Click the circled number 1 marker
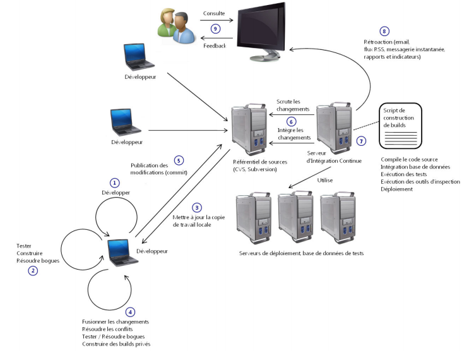point(114,182)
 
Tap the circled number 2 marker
point(32,271)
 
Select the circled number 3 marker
point(197,207)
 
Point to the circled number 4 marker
point(130,311)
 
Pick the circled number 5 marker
point(178,160)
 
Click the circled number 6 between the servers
point(291,121)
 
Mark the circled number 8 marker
point(383,31)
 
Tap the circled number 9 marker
point(215,28)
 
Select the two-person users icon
point(174,26)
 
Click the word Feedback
point(215,45)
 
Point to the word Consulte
point(214,13)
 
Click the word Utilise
point(325,181)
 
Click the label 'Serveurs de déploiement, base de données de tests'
point(301,253)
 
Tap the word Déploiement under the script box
point(398,189)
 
